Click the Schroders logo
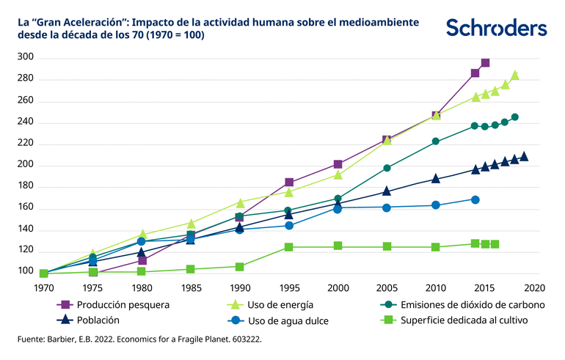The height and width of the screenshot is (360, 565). (496, 28)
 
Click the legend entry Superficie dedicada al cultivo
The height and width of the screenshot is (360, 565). (453, 320)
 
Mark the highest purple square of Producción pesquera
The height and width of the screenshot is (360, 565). (485, 63)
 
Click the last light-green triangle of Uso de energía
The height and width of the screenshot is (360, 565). (515, 75)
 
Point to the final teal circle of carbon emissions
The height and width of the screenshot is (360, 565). (515, 117)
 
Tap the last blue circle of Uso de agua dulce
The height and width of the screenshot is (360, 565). (475, 199)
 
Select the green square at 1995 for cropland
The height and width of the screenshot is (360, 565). (288, 247)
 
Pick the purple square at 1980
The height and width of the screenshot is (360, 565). (142, 260)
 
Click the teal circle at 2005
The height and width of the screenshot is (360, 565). (387, 168)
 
